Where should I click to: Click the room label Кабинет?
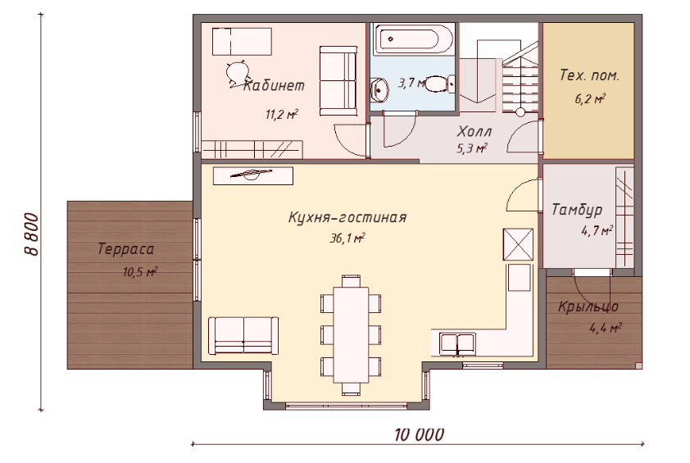[x=274, y=84]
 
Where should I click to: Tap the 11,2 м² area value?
[x=280, y=115]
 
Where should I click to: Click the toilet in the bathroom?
[x=438, y=83]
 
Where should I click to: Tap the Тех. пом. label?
[x=589, y=75]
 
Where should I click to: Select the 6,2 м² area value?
[x=589, y=99]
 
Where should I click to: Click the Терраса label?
[x=126, y=249]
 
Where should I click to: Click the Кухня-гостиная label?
[x=347, y=218]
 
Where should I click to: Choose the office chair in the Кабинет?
[x=236, y=71]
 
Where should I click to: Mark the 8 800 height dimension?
[x=30, y=236]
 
